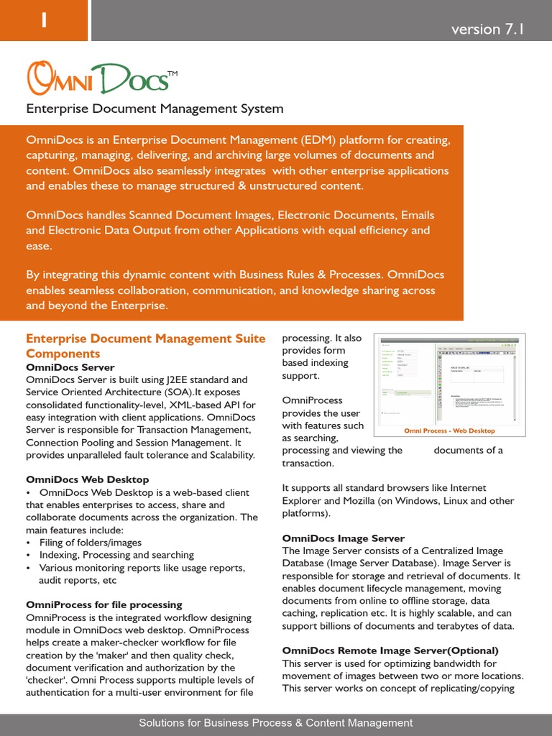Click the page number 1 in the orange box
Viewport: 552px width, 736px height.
tap(44, 22)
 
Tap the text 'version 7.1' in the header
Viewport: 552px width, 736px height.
tap(487, 29)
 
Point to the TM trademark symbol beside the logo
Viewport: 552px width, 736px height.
tap(172, 73)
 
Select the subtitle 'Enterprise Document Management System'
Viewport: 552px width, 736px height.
tap(155, 109)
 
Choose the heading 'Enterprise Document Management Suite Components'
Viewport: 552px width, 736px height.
tap(145, 346)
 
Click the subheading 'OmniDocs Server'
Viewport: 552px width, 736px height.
tap(70, 367)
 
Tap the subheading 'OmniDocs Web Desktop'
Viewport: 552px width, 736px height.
tap(88, 479)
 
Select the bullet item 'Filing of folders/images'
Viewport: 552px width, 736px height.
tap(91, 543)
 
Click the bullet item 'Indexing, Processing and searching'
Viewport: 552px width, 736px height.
tap(116, 555)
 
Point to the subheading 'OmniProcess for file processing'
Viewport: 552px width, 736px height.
tap(104, 604)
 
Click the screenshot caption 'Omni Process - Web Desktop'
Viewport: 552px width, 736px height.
tap(449, 431)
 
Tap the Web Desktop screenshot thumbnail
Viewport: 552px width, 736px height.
tap(449, 379)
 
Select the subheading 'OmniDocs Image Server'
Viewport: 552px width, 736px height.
tap(344, 538)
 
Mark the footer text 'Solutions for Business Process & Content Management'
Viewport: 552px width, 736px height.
tap(276, 723)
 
